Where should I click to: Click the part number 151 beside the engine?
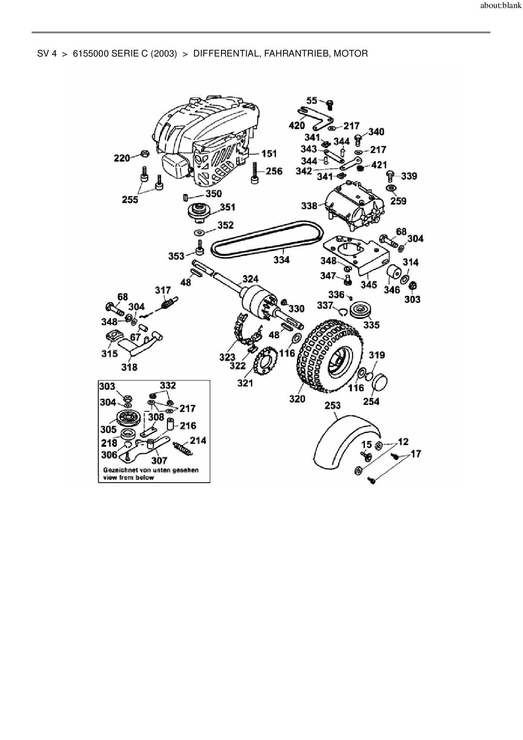[x=269, y=154]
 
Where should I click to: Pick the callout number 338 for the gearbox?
[x=309, y=206]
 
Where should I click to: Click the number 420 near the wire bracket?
[x=297, y=126]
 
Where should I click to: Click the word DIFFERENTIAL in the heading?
[x=226, y=54]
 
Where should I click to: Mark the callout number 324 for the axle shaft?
[x=251, y=279]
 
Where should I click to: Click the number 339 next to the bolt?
[x=409, y=176]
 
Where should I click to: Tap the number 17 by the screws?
[x=416, y=454]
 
